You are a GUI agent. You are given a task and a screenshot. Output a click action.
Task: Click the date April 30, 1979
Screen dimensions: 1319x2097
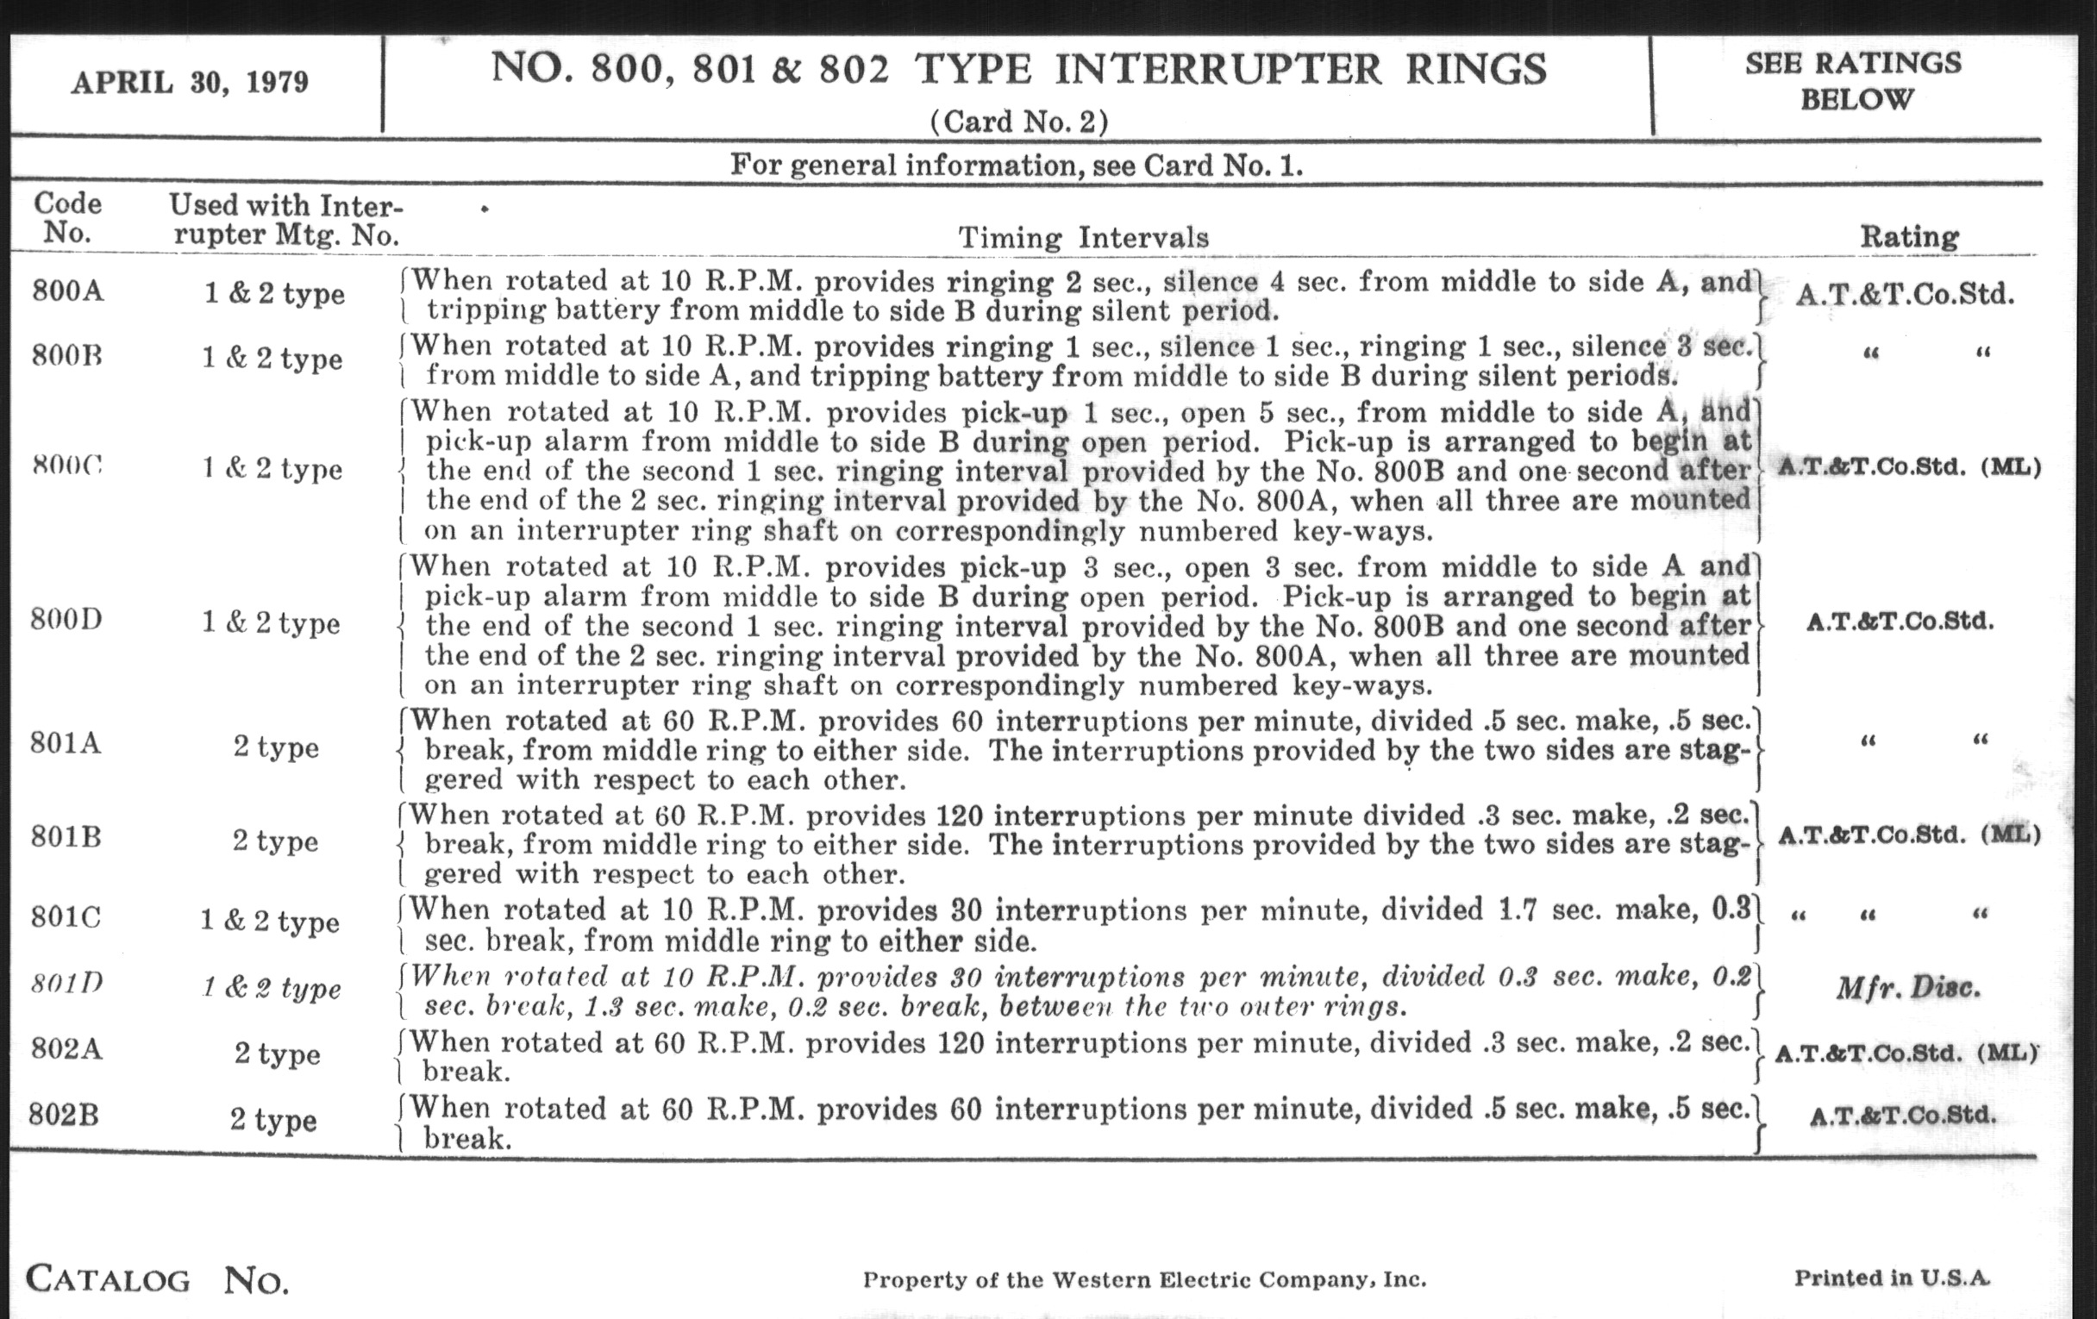point(190,83)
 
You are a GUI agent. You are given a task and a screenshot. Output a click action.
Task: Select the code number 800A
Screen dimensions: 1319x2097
point(68,290)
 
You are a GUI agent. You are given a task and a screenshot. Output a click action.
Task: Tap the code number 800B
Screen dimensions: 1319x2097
point(67,356)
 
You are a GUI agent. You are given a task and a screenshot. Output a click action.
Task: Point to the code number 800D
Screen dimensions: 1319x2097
point(66,620)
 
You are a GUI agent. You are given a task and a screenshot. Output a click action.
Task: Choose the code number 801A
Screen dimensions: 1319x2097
point(66,743)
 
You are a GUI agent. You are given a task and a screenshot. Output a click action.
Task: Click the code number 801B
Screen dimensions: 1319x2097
point(66,838)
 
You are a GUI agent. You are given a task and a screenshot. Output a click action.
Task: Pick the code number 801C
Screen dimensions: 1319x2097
point(66,917)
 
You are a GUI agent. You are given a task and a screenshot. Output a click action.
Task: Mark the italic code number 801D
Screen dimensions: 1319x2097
point(66,984)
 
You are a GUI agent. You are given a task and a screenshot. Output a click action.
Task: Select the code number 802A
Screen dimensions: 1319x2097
point(66,1049)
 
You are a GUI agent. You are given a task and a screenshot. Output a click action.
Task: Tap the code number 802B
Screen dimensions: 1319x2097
point(64,1116)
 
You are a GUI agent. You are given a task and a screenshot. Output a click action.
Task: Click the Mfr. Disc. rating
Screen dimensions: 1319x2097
point(1907,988)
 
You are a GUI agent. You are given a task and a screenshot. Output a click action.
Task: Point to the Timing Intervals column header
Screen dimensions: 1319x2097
point(1083,238)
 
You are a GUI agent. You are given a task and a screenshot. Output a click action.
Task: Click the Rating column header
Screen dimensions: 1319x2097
point(1909,236)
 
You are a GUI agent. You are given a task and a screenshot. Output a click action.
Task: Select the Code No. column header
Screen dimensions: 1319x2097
point(67,217)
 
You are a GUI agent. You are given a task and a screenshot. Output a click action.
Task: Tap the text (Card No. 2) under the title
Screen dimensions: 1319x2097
point(1019,121)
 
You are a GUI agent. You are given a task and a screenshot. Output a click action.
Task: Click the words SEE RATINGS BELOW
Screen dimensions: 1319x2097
point(1853,81)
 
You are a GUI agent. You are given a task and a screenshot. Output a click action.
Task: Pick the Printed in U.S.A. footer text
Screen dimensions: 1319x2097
point(1892,1278)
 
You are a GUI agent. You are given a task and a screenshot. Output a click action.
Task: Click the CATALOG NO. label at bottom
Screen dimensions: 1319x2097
point(157,1280)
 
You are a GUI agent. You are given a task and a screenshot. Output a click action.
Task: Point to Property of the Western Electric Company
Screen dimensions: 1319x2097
point(1144,1280)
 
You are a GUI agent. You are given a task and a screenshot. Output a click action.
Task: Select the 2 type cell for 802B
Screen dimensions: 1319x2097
point(273,1120)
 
